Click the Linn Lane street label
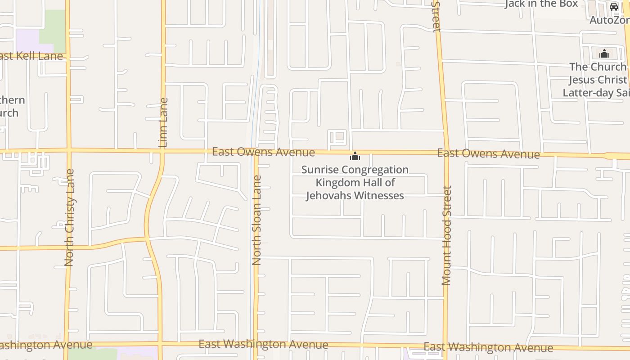pos(163,122)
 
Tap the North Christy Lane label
pos(69,217)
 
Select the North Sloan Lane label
pos(256,220)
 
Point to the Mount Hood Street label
pos(446,235)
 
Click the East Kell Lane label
pos(31,56)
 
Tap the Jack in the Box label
pos(541,4)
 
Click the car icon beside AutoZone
pos(614,7)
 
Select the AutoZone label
pos(610,20)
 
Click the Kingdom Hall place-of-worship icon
pos(355,157)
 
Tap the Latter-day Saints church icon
pos(604,54)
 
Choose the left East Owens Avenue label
pos(263,152)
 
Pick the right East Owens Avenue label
pos(488,154)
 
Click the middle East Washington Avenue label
pos(263,345)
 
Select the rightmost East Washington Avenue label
pos(488,347)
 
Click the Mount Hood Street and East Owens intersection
pos(446,153)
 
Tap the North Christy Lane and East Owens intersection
pos(68,150)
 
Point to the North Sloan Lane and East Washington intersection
pos(256,344)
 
